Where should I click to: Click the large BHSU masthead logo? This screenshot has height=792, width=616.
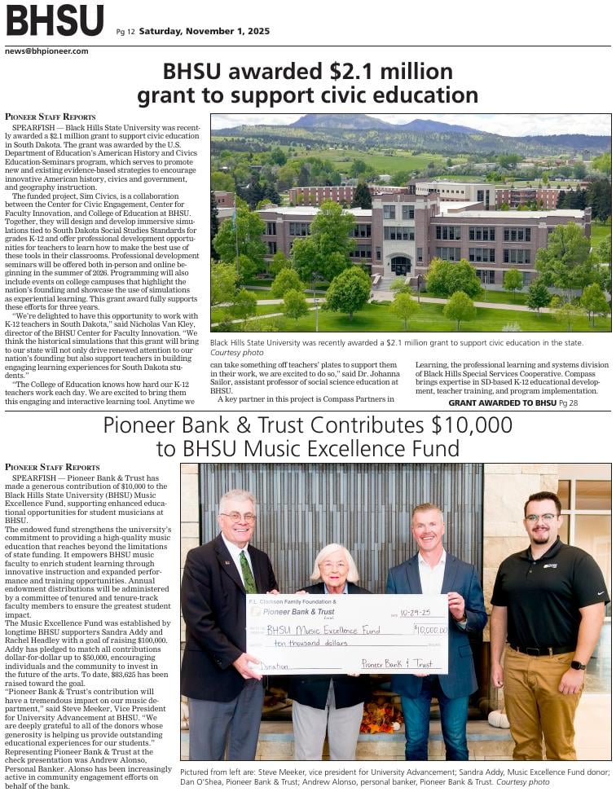pos(55,20)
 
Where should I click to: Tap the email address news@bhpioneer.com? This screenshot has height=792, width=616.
pos(46,51)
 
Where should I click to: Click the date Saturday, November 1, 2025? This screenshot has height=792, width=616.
pos(204,32)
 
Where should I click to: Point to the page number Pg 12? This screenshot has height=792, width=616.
pos(125,33)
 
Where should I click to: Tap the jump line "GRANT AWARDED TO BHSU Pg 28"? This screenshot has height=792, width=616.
pos(513,403)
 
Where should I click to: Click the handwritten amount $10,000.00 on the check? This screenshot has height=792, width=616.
pos(430,629)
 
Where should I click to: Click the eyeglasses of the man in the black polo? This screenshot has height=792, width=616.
pos(541,518)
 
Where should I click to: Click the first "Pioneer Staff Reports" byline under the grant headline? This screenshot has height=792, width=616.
pos(51,117)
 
